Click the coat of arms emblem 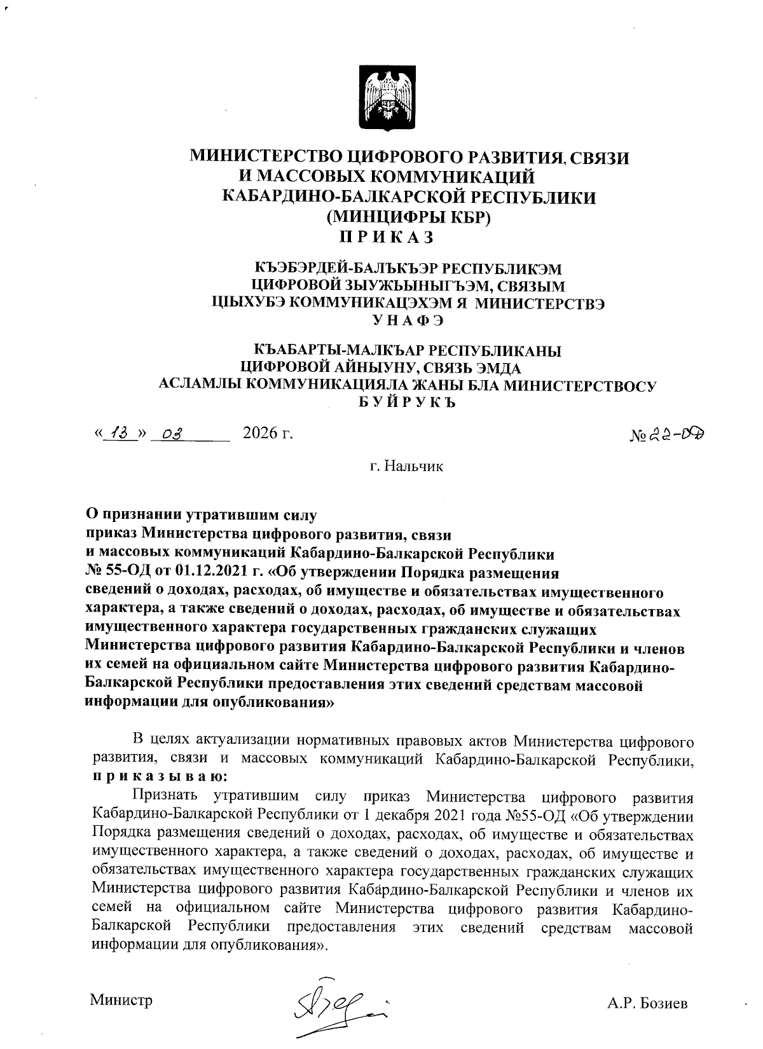[x=387, y=100]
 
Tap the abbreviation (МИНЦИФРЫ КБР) [x=409, y=217]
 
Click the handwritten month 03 [x=172, y=435]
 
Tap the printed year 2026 [x=260, y=434]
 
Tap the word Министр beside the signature [x=121, y=1000]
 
